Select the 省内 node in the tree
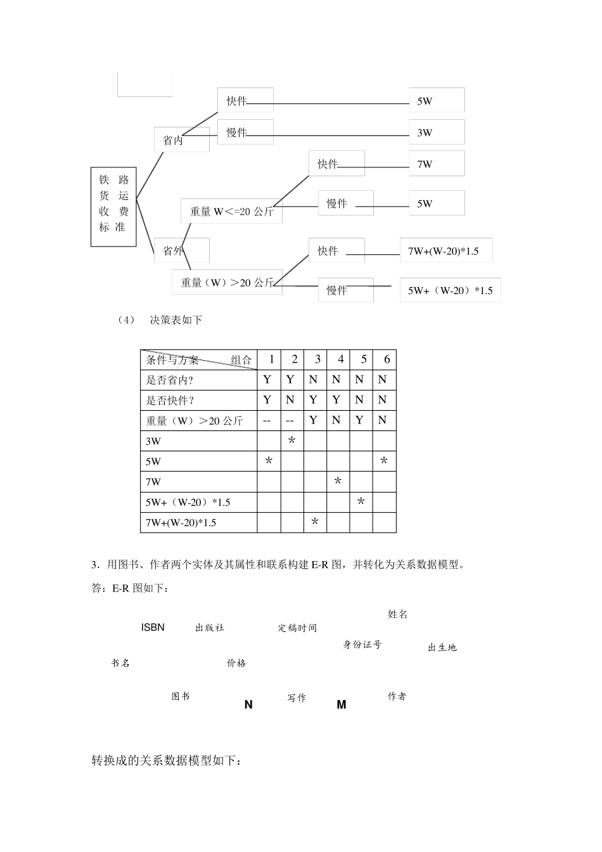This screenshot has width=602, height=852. [181, 139]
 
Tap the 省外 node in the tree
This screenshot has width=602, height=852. [181, 250]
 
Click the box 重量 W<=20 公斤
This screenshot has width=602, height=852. [231, 212]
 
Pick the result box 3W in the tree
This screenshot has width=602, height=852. [437, 132]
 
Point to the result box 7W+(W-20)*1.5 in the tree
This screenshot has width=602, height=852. [445, 251]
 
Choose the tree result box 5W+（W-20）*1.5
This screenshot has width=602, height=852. [450, 290]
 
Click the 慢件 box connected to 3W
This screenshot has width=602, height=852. [245, 132]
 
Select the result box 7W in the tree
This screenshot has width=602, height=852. [437, 164]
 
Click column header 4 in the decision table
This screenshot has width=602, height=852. [340, 359]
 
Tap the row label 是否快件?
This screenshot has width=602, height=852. [170, 400]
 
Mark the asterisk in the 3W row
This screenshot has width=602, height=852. [291, 440]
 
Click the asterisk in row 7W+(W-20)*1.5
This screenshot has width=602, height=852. [315, 522]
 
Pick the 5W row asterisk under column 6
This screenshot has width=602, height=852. [384, 461]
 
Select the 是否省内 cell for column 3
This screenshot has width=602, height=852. [314, 380]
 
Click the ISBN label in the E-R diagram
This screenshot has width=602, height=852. [153, 628]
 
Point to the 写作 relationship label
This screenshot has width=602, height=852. [297, 698]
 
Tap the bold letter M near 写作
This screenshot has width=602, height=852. [342, 704]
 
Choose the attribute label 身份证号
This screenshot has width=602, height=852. [362, 645]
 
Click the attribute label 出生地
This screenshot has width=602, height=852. [442, 648]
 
